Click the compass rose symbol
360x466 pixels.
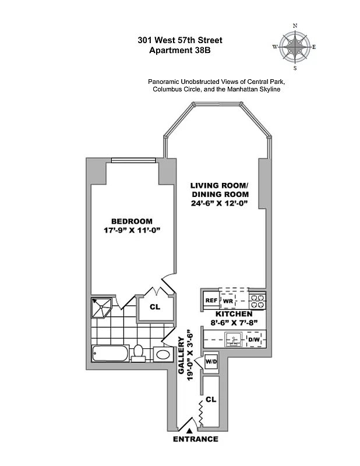point(295,47)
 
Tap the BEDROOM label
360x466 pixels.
point(132,221)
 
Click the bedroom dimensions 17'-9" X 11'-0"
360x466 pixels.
point(132,231)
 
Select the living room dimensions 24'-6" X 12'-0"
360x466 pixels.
point(220,204)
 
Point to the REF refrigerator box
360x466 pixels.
point(211,301)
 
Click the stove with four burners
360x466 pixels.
point(257,301)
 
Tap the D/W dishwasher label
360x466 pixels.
point(254,339)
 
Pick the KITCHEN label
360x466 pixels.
point(233,314)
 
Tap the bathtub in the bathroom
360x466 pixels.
point(110,353)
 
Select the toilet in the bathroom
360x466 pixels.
point(139,353)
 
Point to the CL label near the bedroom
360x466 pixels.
point(154,306)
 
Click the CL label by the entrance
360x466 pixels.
point(211,401)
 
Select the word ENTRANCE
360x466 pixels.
point(196,439)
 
